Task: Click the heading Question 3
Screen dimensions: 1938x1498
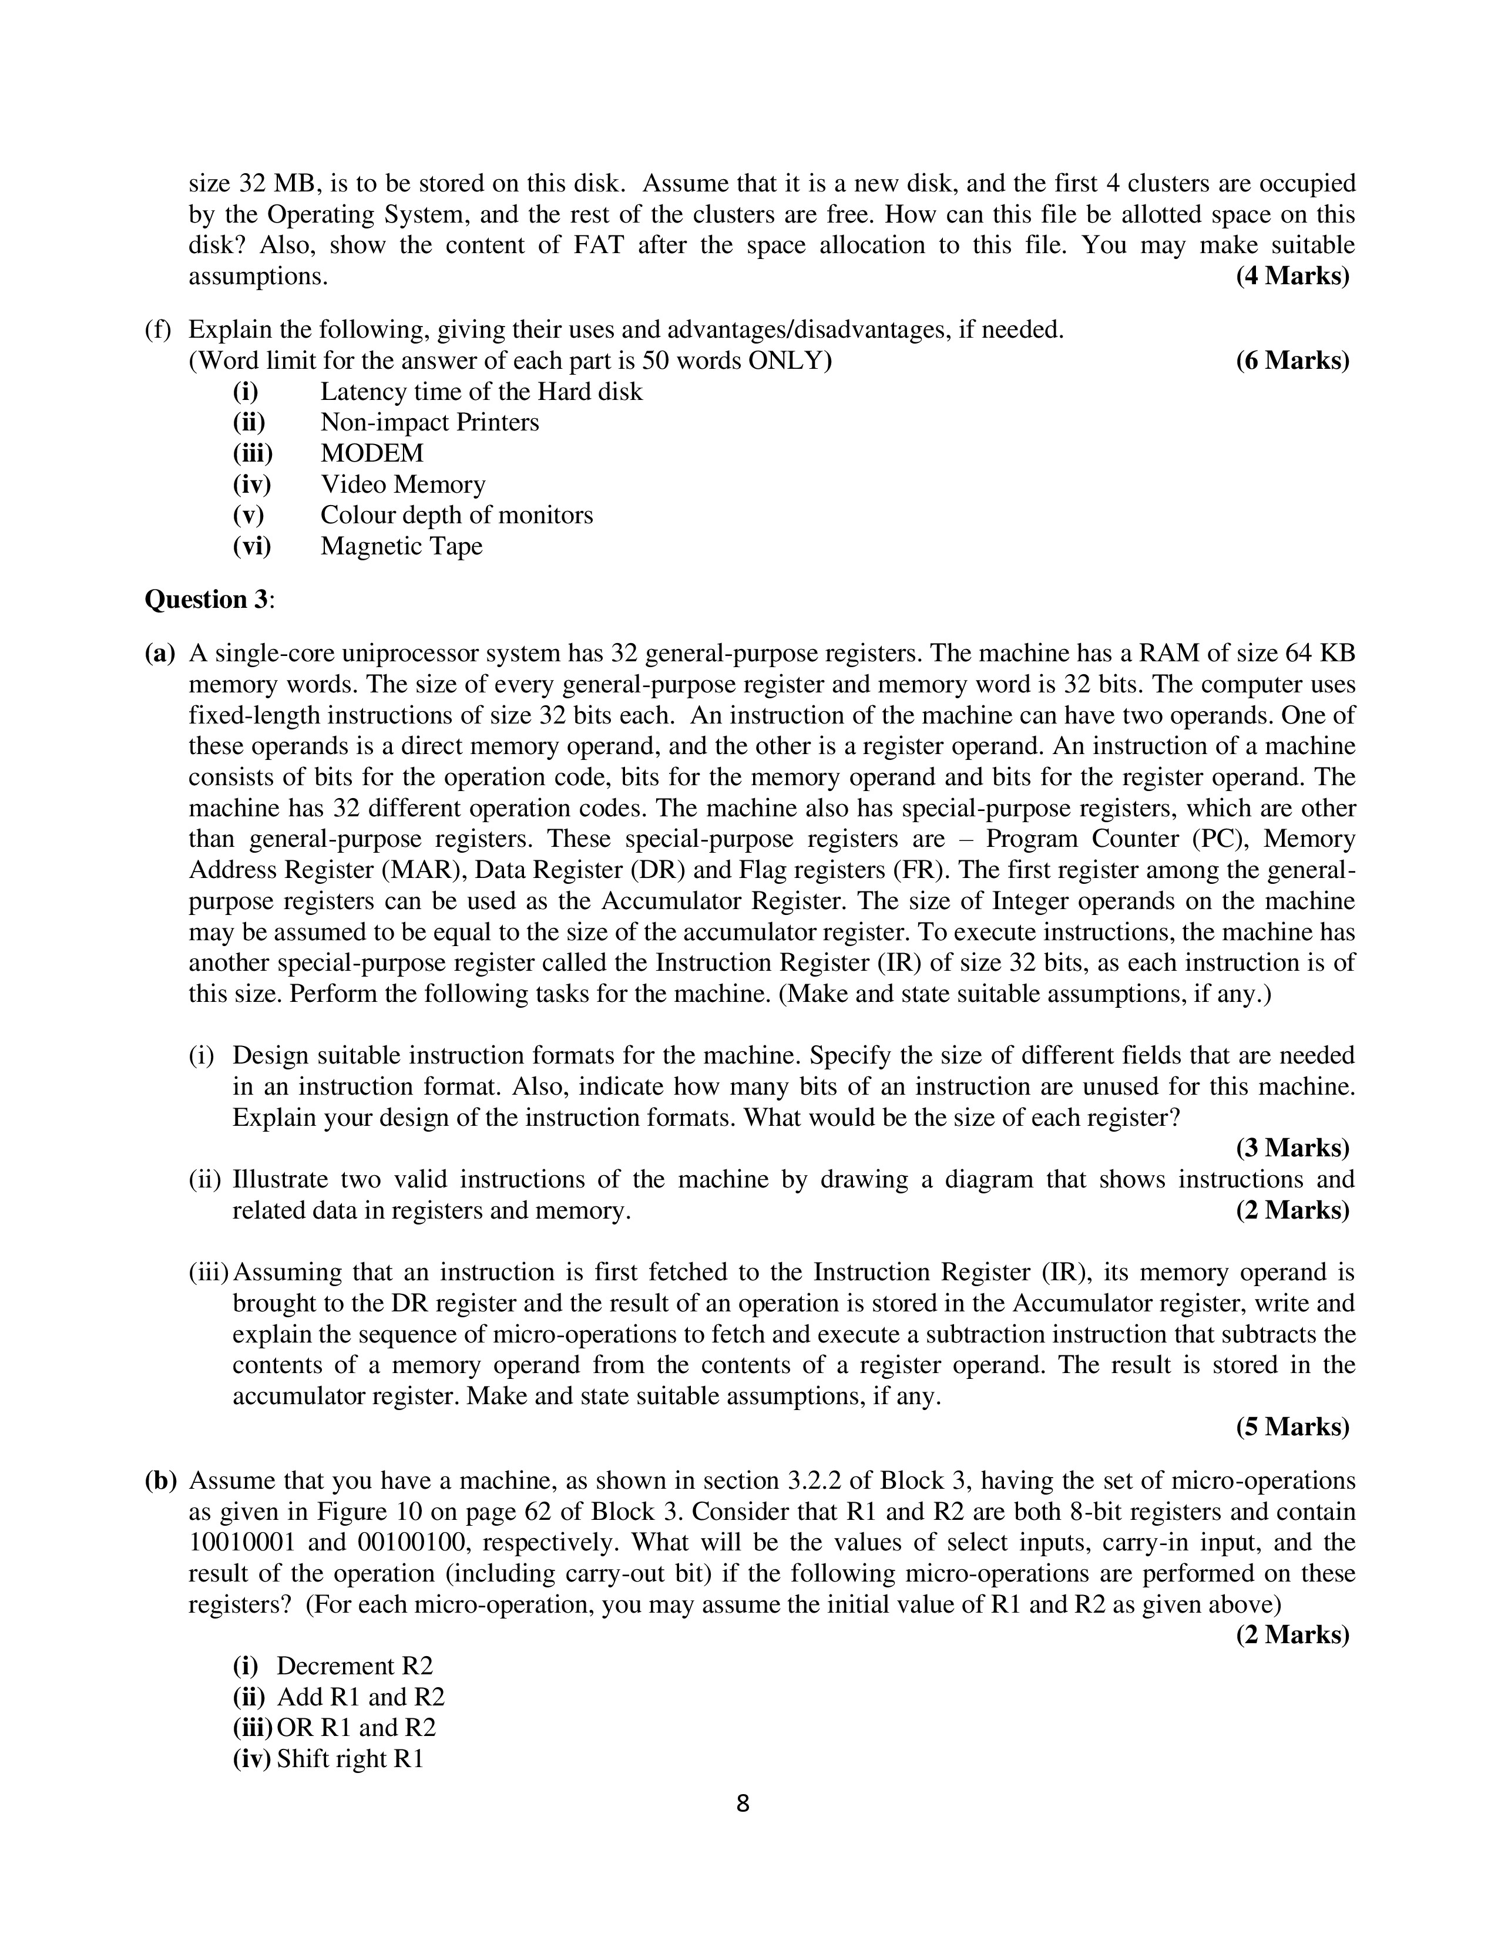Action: point(210,600)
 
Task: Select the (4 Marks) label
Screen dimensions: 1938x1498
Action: point(1292,276)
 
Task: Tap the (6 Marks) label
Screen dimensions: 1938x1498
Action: point(1292,360)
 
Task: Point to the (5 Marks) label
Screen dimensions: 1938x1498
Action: point(1292,1427)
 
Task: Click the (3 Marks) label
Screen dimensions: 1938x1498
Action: point(1292,1148)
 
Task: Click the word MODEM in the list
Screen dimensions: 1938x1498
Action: point(372,453)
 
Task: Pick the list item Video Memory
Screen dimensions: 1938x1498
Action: point(403,484)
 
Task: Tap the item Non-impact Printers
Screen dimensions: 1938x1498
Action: point(429,422)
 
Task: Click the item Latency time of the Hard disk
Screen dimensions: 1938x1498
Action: point(481,391)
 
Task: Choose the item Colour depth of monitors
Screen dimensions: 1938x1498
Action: point(456,516)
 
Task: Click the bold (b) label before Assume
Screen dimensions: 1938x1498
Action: point(160,1481)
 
